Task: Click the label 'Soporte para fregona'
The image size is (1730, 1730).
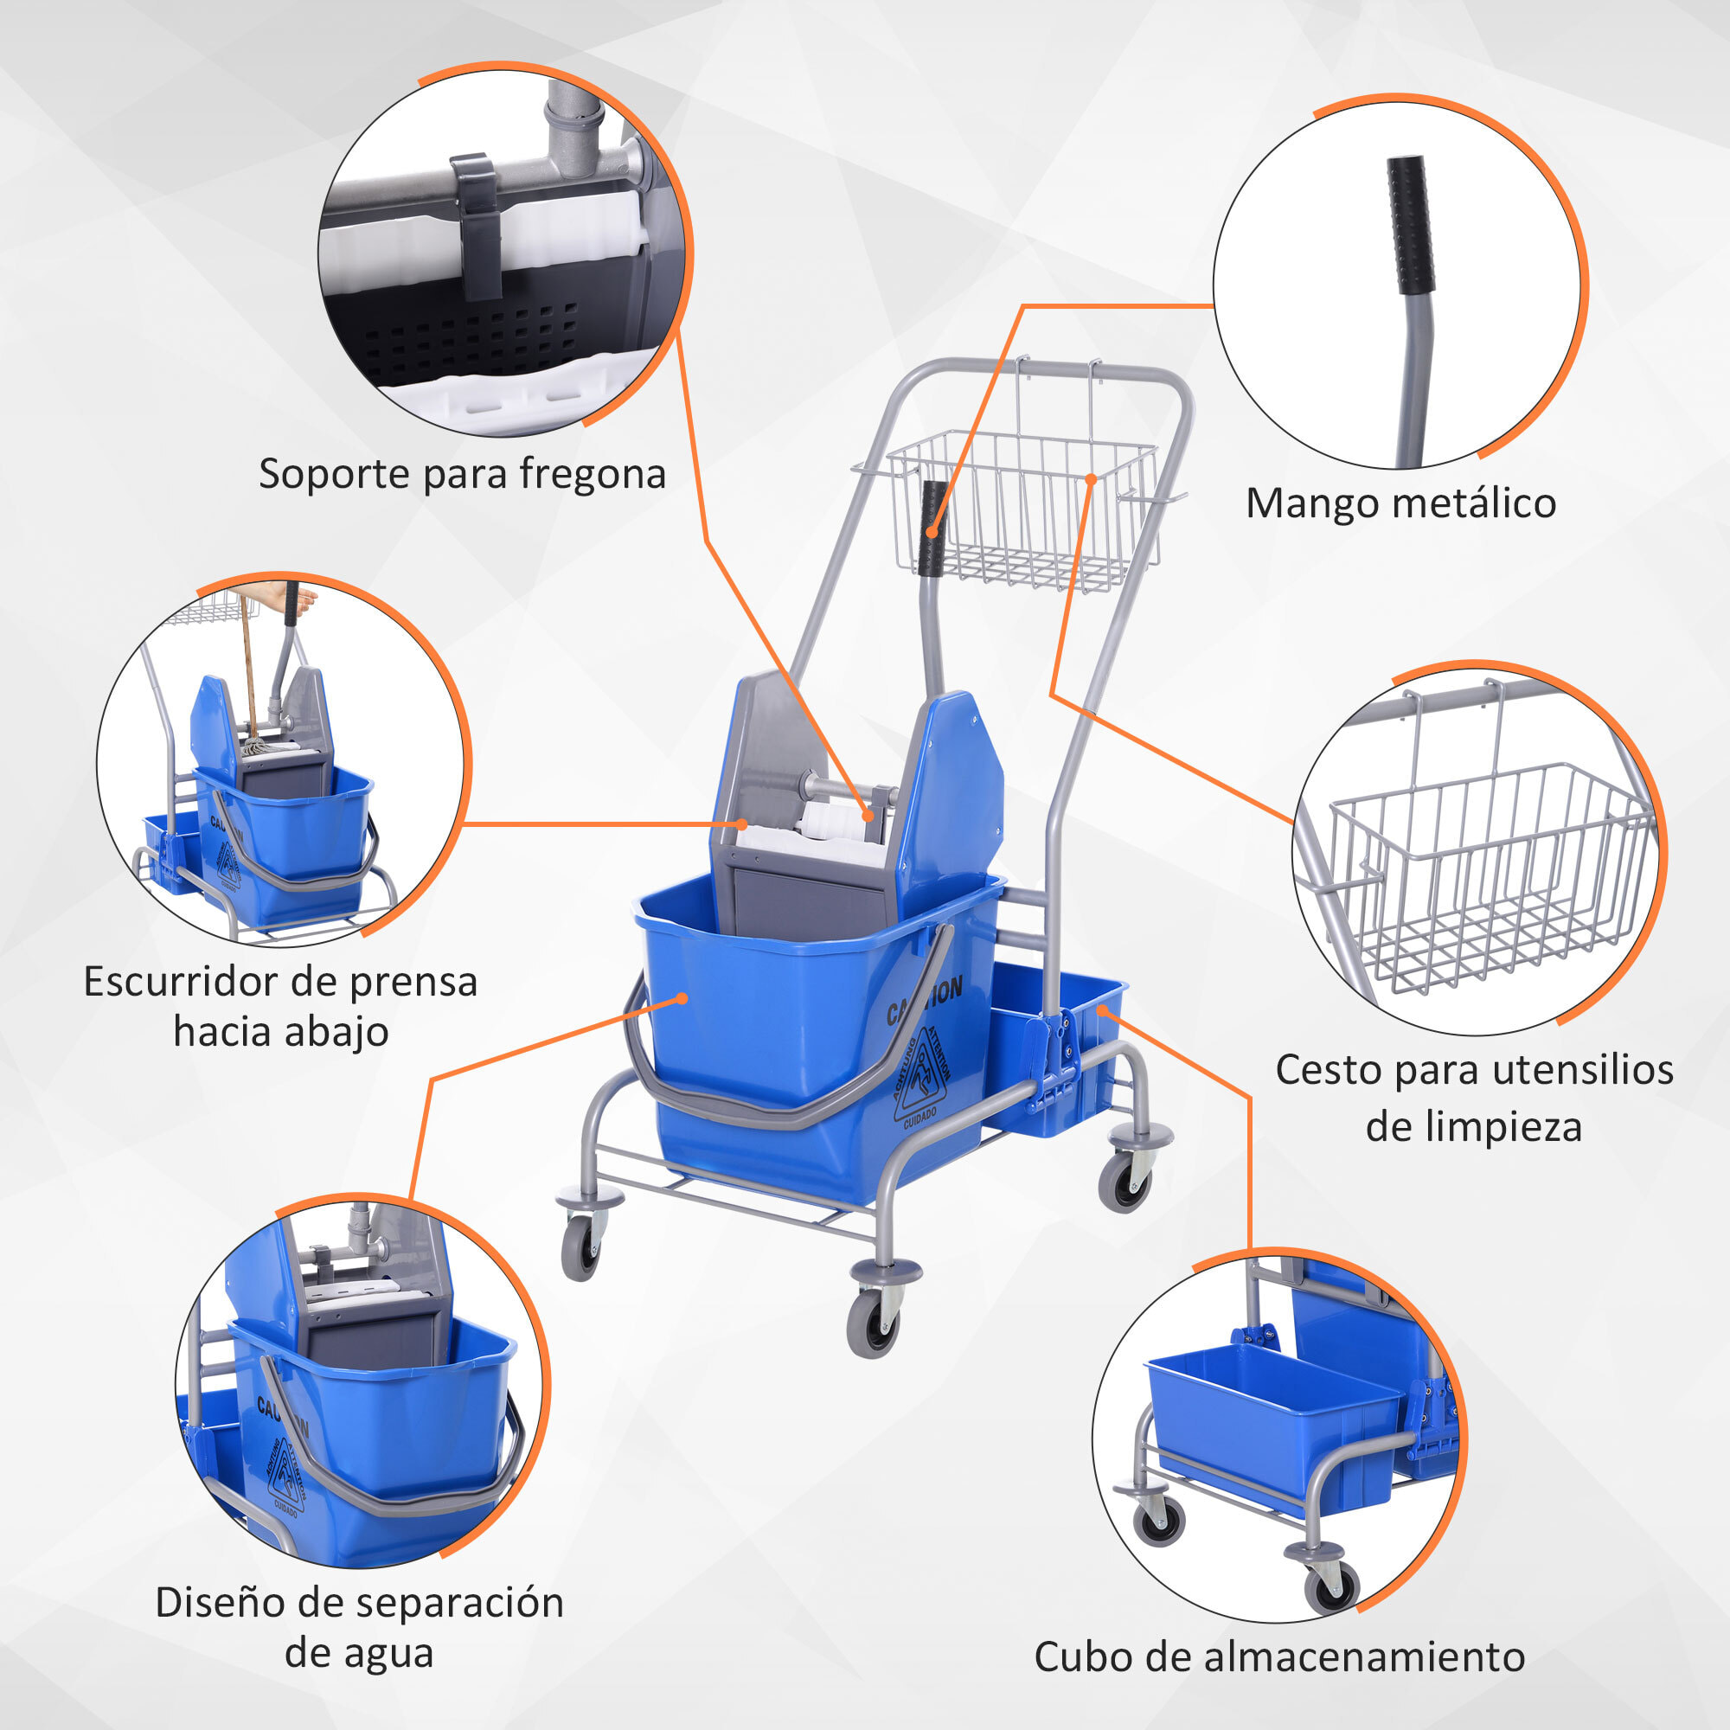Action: [462, 474]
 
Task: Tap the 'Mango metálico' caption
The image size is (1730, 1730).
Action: [1400, 503]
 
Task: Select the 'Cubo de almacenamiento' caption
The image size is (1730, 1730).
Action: [1279, 1656]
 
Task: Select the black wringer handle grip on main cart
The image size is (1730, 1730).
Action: [934, 529]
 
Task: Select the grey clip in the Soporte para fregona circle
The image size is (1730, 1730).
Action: [477, 224]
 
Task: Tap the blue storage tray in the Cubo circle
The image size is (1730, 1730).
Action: [1272, 1432]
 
